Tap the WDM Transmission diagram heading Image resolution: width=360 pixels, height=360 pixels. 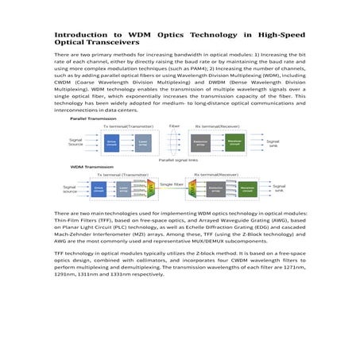87,167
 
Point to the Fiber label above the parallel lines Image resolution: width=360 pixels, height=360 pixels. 174,126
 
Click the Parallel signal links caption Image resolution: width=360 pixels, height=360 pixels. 180,160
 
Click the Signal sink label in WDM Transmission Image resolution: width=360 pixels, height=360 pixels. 279,190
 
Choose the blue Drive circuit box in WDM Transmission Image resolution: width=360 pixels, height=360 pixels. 99,190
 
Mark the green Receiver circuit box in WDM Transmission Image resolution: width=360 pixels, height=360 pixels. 246,190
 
